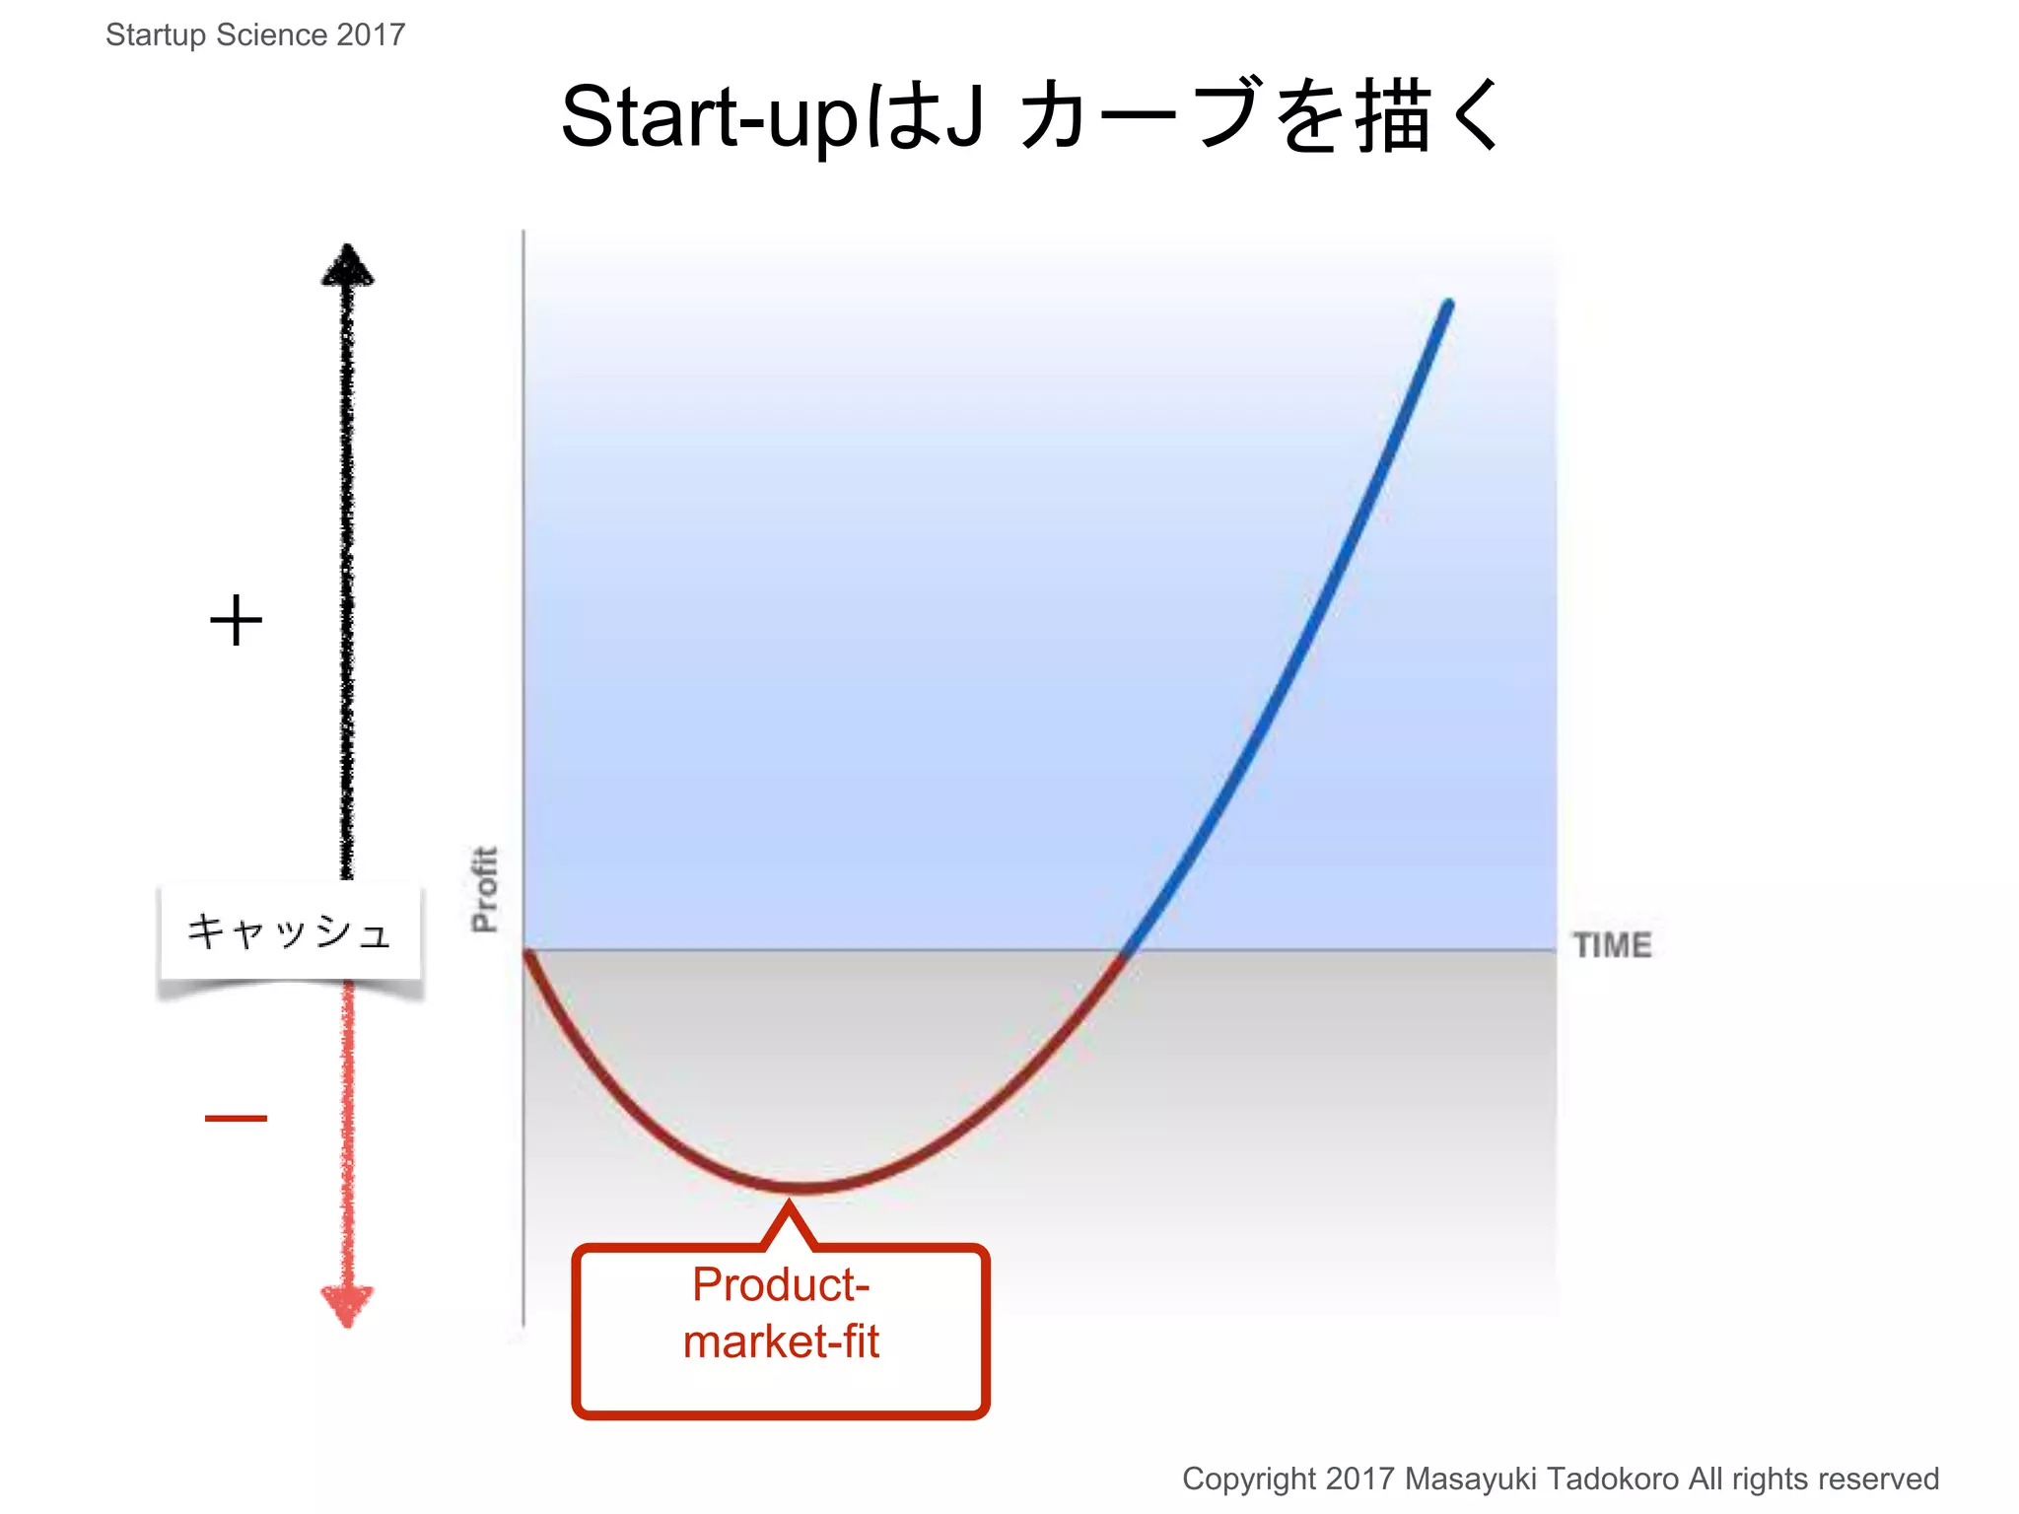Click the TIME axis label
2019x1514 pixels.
pos(1611,945)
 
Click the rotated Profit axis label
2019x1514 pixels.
pos(484,889)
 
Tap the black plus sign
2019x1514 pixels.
pos(237,621)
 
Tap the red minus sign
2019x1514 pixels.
pos(236,1118)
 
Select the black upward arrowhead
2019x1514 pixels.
pos(347,265)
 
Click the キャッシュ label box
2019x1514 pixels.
pos(290,932)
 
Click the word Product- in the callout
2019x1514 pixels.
pos(780,1284)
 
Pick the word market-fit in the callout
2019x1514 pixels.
pos(780,1342)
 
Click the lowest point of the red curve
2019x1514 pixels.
pos(801,1188)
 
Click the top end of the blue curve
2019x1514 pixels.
pos(1448,304)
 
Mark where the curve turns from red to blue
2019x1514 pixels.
pos(1125,953)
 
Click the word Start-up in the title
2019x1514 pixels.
pos(709,116)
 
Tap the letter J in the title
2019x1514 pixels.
pos(964,116)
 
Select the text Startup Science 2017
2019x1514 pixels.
pos(255,34)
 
